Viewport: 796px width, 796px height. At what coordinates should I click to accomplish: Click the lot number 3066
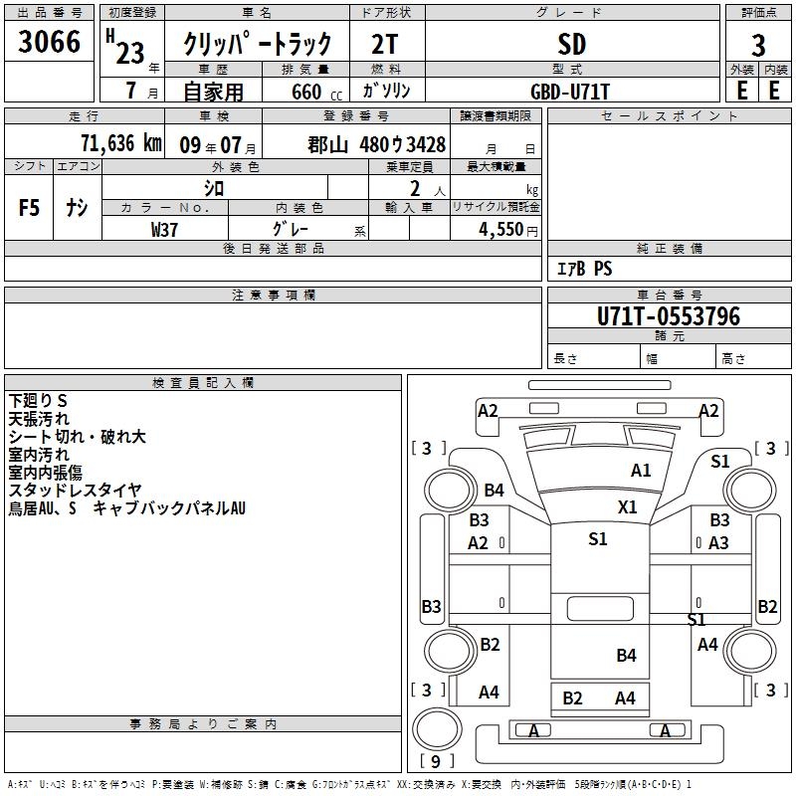[50, 42]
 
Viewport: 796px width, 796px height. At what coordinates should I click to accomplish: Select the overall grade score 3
[758, 45]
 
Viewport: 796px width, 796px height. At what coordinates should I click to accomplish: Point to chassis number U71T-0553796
[668, 317]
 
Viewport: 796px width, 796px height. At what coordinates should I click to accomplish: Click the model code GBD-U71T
[571, 92]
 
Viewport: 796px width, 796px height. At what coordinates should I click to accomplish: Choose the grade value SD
[572, 45]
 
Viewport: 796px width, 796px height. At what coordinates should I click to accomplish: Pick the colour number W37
[164, 228]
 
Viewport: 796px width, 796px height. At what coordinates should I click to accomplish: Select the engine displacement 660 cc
[310, 92]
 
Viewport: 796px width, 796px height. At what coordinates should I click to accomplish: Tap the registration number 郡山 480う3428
[377, 143]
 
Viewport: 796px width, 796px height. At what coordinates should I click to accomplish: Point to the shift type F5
[30, 208]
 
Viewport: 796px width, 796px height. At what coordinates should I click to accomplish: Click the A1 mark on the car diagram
[641, 471]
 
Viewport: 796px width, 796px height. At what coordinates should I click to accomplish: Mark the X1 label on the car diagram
[627, 506]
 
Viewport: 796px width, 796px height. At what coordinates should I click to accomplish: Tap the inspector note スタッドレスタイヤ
[75, 491]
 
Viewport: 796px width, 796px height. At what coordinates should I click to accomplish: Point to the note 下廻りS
[38, 401]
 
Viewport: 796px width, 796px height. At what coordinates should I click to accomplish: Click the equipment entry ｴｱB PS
[584, 268]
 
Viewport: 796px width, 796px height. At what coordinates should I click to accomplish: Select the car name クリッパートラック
[257, 45]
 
